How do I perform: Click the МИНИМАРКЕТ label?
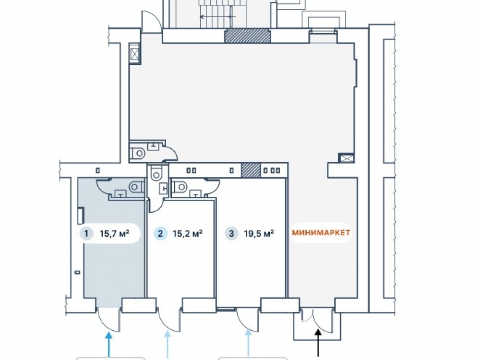click(x=321, y=233)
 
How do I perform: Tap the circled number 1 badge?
click(x=86, y=234)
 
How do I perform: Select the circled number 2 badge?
click(x=160, y=234)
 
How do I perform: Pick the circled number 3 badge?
click(x=231, y=234)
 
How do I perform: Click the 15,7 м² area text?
click(x=115, y=234)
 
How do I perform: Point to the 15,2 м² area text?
click(x=187, y=234)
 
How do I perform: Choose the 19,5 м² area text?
click(x=259, y=234)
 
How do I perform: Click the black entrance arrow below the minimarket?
click(x=318, y=343)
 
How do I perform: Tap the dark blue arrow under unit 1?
click(x=108, y=345)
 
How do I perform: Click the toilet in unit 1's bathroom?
click(x=136, y=187)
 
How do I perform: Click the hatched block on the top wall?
click(x=248, y=36)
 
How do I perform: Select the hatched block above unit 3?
click(x=252, y=170)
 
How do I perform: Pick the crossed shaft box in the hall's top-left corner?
click(x=135, y=54)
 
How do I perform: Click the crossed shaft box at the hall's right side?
click(x=346, y=158)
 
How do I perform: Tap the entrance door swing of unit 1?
click(x=108, y=320)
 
